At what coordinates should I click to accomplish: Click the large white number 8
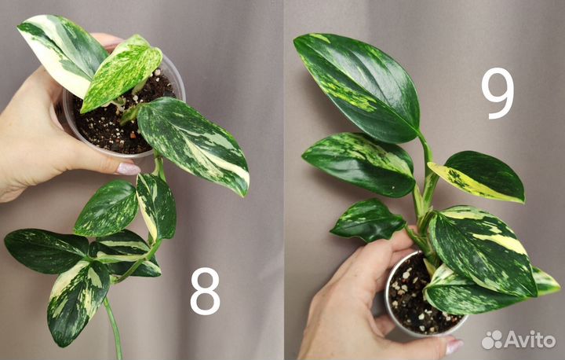(205, 292)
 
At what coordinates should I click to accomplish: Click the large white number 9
(498, 94)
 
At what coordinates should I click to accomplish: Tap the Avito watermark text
(530, 340)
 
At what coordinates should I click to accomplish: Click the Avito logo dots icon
(492, 340)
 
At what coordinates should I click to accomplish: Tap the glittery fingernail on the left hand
(127, 168)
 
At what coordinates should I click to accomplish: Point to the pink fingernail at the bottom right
(454, 345)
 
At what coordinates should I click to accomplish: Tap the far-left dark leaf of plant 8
(45, 250)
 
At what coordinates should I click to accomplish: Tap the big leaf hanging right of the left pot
(193, 145)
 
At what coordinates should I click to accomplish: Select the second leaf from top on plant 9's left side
(359, 164)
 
